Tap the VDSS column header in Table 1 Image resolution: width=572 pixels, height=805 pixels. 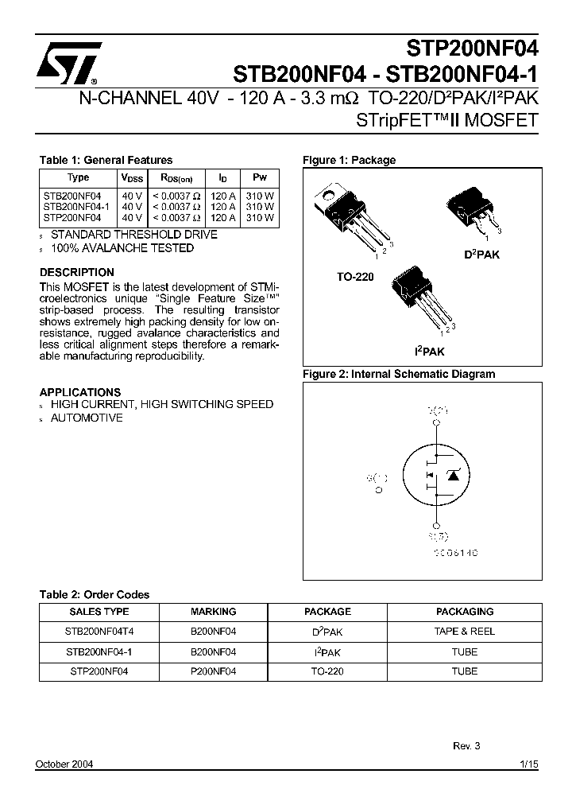click(x=132, y=178)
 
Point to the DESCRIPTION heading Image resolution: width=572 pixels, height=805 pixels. click(x=77, y=272)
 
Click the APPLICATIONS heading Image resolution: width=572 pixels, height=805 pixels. click(x=80, y=392)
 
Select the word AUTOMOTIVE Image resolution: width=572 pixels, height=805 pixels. click(x=87, y=418)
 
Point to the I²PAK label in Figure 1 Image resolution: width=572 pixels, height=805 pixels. click(x=429, y=350)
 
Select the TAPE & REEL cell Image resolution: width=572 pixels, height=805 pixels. click(x=465, y=632)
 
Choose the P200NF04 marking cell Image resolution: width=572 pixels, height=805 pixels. click(x=214, y=671)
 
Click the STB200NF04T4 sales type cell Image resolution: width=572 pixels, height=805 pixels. click(x=99, y=632)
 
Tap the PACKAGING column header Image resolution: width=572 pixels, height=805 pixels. click(x=465, y=612)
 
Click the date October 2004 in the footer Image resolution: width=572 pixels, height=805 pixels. click(x=64, y=764)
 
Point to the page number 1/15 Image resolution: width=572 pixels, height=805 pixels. click(x=529, y=764)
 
